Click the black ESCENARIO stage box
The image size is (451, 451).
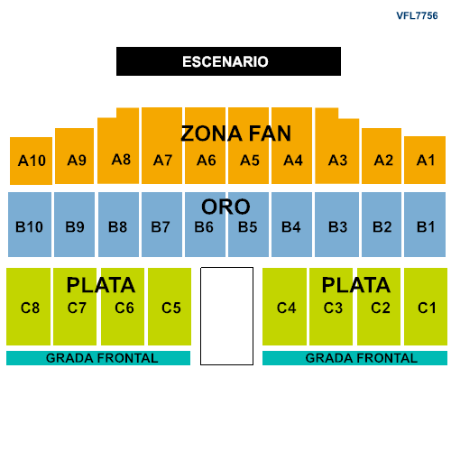(228, 61)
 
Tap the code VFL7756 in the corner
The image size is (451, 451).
(417, 15)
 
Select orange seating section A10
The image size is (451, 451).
(31, 161)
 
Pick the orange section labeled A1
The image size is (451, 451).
(425, 160)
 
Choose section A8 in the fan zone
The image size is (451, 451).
(118, 151)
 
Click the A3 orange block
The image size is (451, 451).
(337, 151)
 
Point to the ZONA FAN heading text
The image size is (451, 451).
(236, 133)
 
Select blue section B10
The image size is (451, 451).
(30, 225)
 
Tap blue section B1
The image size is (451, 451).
(425, 225)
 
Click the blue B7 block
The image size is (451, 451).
(161, 225)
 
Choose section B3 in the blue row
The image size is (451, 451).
(336, 225)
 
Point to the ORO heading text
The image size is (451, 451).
(225, 207)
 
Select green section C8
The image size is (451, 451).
(28, 307)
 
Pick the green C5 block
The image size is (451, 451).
(170, 307)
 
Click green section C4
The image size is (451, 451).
(284, 307)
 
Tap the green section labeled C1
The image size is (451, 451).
(426, 307)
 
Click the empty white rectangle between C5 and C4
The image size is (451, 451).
(226, 316)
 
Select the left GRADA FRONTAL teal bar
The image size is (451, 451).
(98, 358)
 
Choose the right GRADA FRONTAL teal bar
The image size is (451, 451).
(354, 358)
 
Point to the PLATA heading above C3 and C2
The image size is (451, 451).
(356, 285)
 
